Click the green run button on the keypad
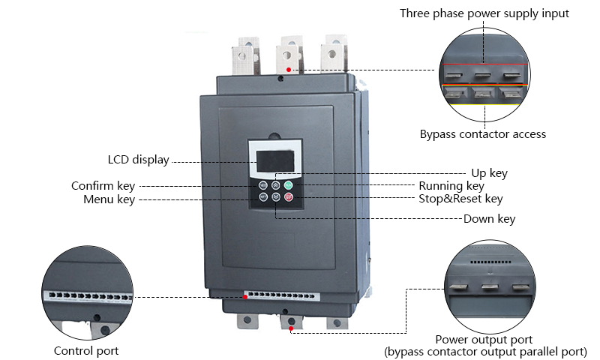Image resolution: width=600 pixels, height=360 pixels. [288, 184]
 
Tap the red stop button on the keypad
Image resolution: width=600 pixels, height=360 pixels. [288, 197]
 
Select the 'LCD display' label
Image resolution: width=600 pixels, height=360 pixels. [139, 160]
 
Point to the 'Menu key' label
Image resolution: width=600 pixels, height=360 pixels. [109, 199]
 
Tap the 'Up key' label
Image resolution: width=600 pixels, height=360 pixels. [489, 172]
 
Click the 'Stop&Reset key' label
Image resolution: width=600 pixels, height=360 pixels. [460, 199]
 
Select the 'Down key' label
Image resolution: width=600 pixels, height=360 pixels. [489, 219]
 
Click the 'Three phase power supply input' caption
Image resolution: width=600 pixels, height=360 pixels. [484, 13]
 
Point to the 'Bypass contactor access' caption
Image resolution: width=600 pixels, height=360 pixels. [482, 134]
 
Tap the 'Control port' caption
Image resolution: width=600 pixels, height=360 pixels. [86, 350]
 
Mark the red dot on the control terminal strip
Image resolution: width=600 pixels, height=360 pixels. [245, 297]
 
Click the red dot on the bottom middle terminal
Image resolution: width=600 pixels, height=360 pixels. [290, 328]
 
